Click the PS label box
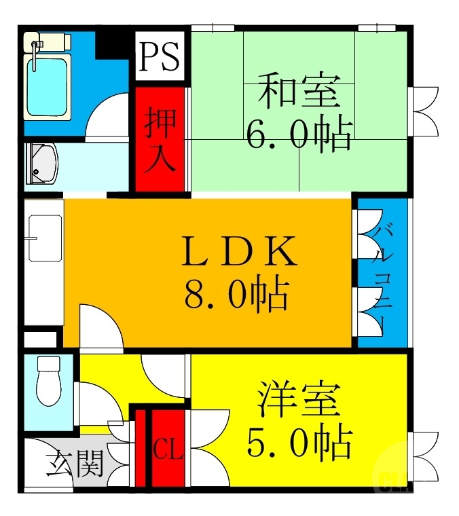[160, 57]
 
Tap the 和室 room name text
[298, 93]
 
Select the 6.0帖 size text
[298, 135]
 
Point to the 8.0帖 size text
[236, 295]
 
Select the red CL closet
[168, 448]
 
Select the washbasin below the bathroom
[42, 165]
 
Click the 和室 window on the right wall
[424, 111]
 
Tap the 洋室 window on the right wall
[424, 454]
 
